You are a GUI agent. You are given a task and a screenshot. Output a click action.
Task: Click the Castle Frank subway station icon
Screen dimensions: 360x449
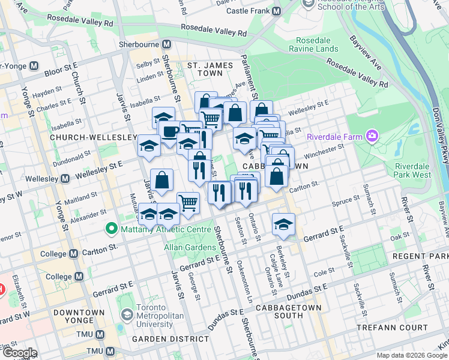click(277, 11)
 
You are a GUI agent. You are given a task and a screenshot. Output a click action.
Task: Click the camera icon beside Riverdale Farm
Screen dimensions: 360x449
click(372, 136)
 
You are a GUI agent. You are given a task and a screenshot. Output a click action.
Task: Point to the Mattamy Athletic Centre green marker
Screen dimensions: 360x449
click(110, 228)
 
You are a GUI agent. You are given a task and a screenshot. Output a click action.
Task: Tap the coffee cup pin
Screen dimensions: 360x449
click(169, 130)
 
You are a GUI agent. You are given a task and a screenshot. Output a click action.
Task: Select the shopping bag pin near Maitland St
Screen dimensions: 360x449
click(162, 179)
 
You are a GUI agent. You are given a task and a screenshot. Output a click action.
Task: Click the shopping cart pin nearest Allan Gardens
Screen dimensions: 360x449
click(188, 203)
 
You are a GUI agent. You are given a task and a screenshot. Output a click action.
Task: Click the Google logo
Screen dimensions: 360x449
click(19, 353)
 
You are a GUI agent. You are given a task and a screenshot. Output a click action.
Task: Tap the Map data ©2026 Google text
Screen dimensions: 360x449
click(411, 355)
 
